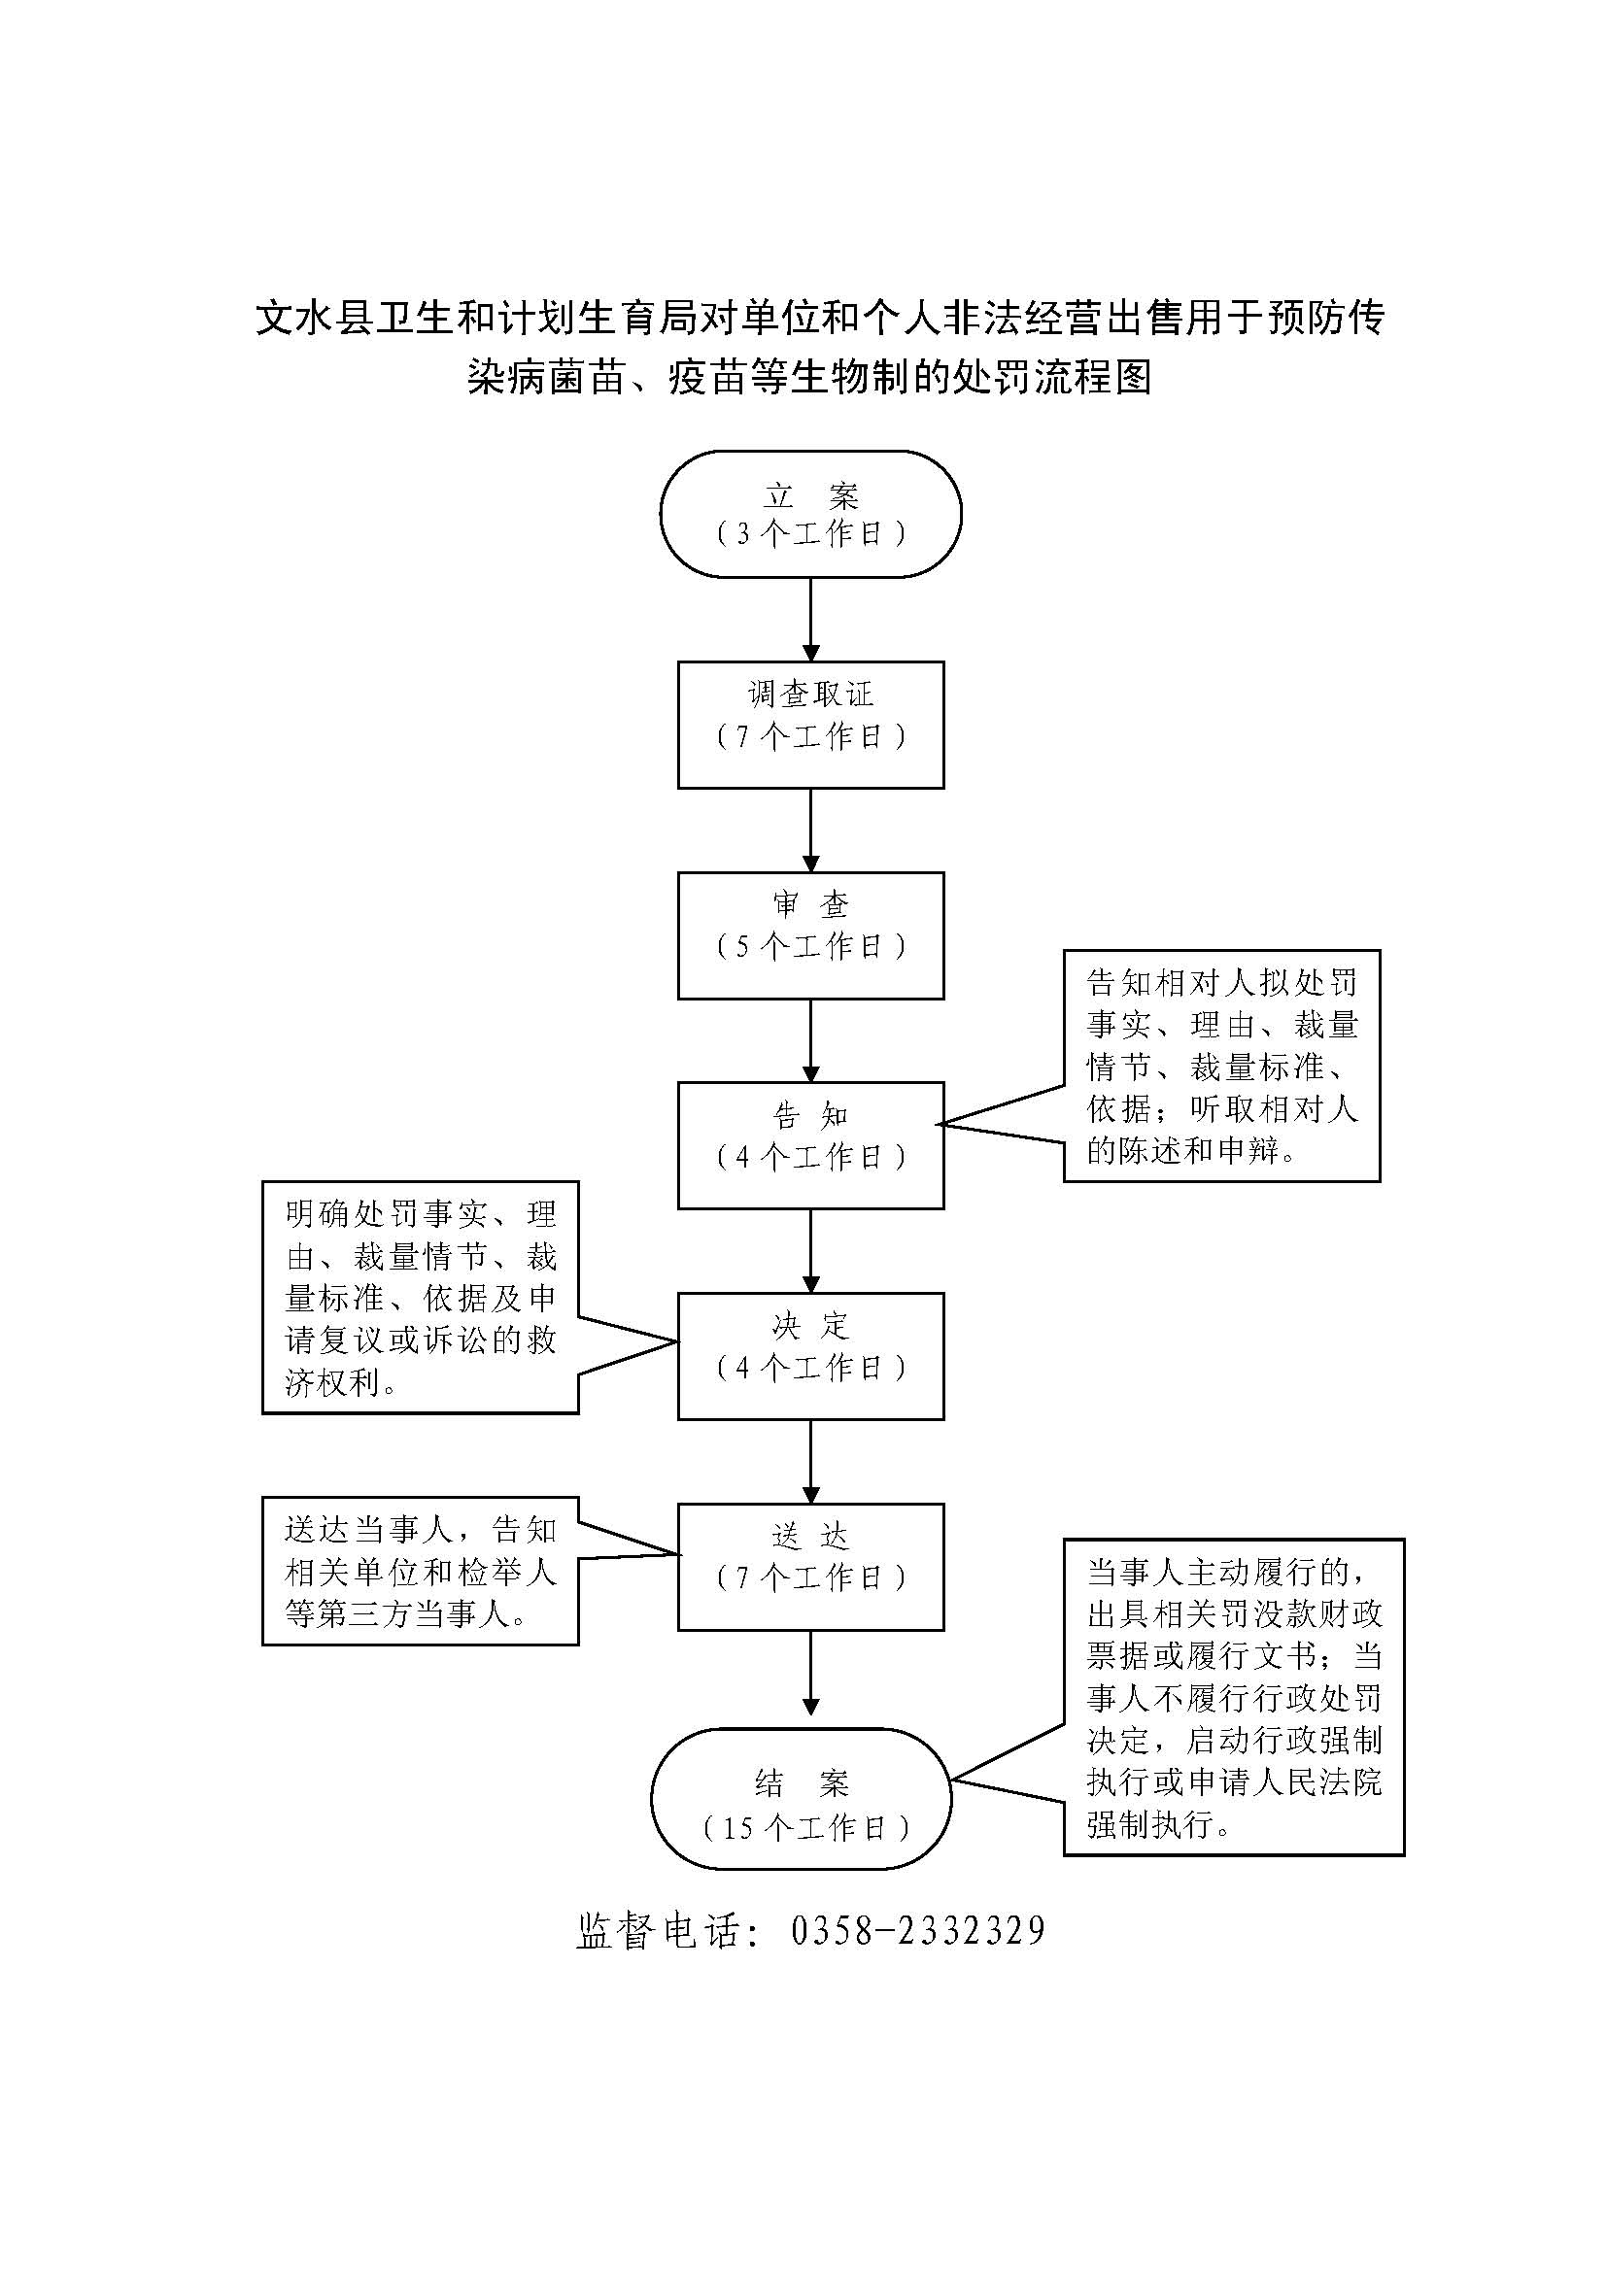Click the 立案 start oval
810,514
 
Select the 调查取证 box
810,726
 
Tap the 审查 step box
810,935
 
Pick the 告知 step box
810,1145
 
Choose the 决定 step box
810,1356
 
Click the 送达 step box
810,1567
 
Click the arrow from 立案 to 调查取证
810,620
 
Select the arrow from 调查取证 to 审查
810,831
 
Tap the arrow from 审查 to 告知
810,1040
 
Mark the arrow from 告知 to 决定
810,1251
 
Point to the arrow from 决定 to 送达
810,1462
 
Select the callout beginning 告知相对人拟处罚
1221,1066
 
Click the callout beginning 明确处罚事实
421,1298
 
